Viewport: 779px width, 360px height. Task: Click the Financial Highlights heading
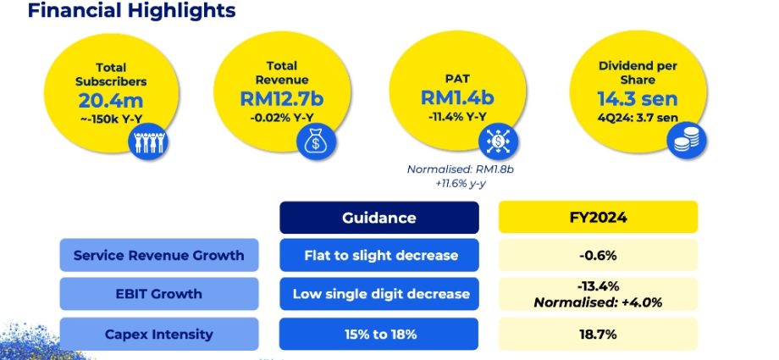click(131, 11)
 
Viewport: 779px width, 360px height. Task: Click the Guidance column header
click(378, 218)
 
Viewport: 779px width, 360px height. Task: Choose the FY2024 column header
click(598, 218)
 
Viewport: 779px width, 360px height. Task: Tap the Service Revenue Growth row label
click(158, 255)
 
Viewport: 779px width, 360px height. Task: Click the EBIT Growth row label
click(158, 294)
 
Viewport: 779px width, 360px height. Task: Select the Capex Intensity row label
click(158, 334)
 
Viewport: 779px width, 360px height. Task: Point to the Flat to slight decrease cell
click(378, 255)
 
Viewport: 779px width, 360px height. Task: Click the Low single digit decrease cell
click(378, 294)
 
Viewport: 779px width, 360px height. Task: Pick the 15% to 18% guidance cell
click(378, 334)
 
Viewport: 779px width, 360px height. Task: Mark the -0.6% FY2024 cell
click(598, 255)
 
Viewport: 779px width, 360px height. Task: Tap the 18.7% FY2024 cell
click(598, 334)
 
